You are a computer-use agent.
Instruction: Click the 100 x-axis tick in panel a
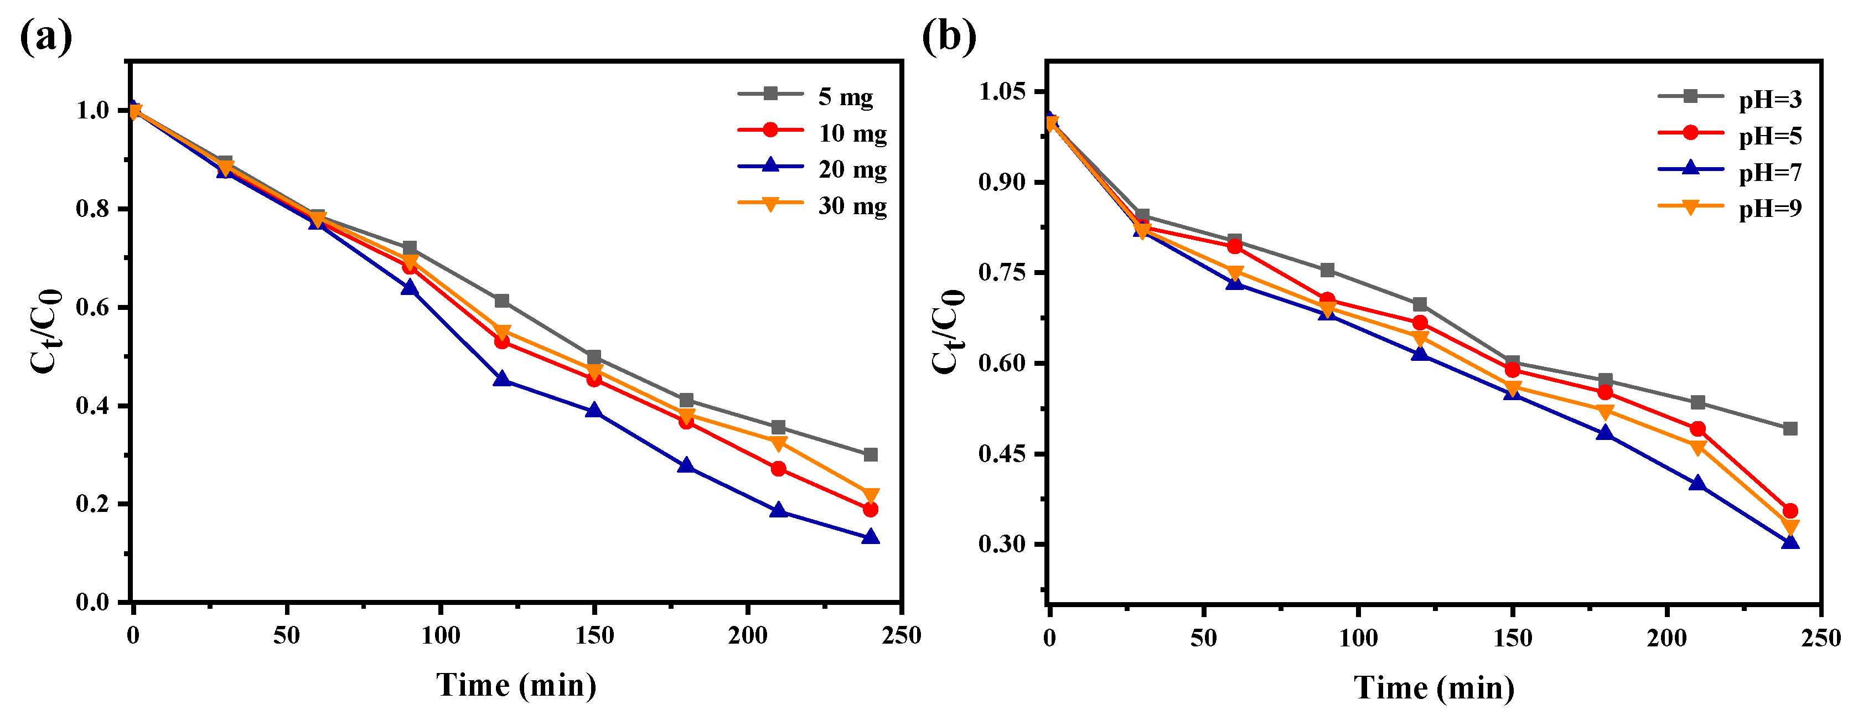[440, 635]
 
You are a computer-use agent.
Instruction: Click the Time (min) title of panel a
[516, 685]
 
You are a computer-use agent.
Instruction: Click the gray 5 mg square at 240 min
[871, 454]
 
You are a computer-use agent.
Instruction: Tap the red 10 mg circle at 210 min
[778, 469]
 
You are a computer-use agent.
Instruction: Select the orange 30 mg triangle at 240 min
[871, 495]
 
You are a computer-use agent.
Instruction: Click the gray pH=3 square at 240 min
[1789, 428]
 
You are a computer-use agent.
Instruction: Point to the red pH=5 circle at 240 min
[1789, 511]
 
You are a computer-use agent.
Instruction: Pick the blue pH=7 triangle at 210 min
[1697, 483]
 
